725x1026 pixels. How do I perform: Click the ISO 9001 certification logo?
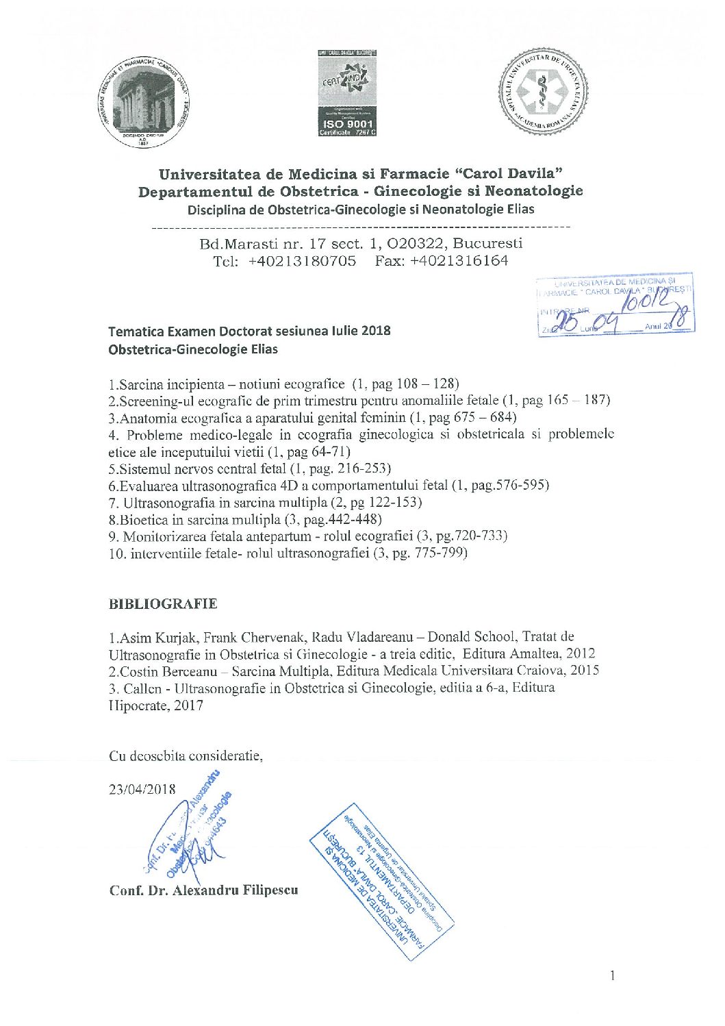click(x=347, y=93)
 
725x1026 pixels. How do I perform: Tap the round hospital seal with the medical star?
click(x=543, y=92)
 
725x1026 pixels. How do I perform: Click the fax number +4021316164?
click(x=459, y=261)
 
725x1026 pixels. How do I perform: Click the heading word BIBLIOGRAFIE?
click(x=163, y=604)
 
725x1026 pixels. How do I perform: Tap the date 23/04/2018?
click(x=142, y=789)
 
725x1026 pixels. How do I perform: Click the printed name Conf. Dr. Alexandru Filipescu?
click(x=203, y=890)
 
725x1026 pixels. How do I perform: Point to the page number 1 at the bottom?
click(x=612, y=975)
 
